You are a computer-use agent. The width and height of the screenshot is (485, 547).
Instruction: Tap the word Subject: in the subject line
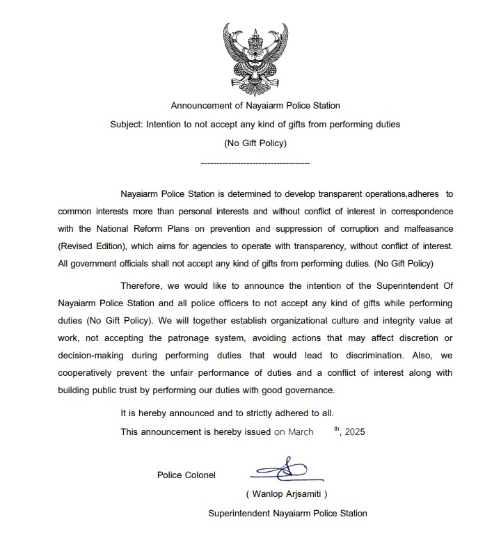(x=127, y=125)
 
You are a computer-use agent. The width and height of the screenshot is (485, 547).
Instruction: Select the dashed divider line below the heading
(x=255, y=162)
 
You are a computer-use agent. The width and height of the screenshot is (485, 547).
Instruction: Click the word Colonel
(x=200, y=475)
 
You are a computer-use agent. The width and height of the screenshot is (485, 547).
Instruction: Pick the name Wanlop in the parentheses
(x=267, y=493)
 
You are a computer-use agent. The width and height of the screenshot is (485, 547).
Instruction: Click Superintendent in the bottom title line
(x=241, y=514)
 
